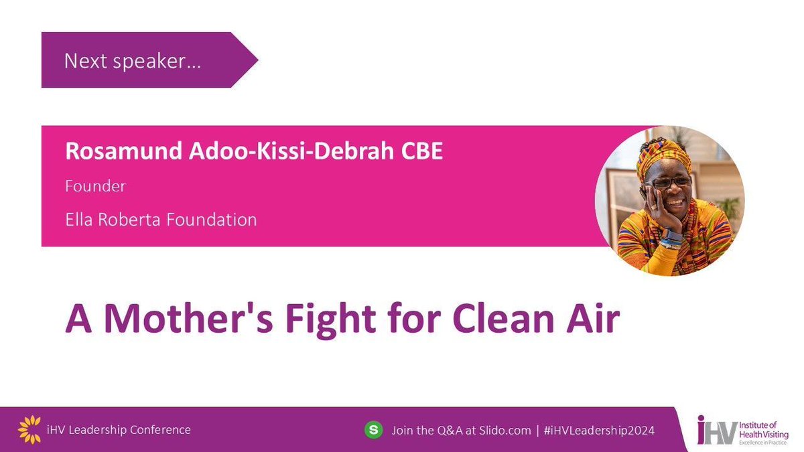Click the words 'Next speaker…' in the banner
pyautogui.click(x=133, y=61)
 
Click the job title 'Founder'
pyautogui.click(x=95, y=186)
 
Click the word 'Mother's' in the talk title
pyautogui.click(x=192, y=320)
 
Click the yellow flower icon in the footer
pyautogui.click(x=29, y=429)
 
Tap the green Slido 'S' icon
pyautogui.click(x=373, y=429)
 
